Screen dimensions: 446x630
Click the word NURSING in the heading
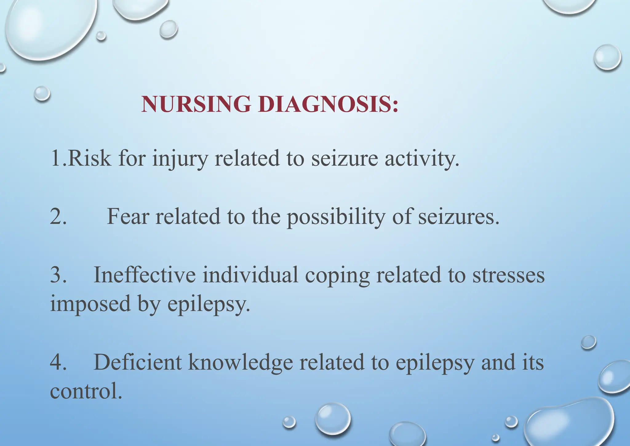click(x=196, y=104)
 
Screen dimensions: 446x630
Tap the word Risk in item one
click(x=89, y=158)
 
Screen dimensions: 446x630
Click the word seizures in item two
click(x=458, y=217)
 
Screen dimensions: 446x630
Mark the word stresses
click(x=508, y=275)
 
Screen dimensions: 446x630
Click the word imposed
click(x=90, y=304)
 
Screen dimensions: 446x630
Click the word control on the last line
click(x=86, y=391)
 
